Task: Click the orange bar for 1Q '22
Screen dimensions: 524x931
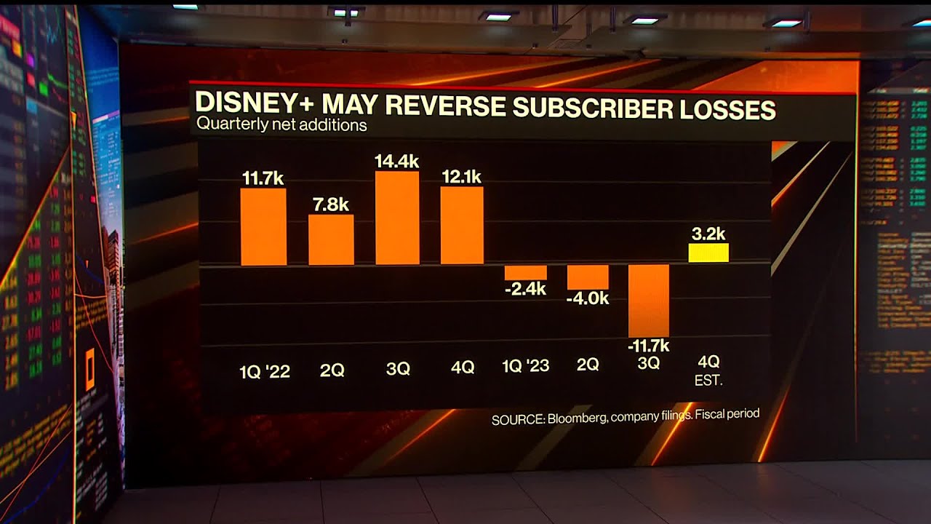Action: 263,226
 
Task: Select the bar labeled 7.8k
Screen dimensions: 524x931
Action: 331,239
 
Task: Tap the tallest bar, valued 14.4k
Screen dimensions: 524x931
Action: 397,218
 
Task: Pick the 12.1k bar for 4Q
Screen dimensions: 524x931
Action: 462,225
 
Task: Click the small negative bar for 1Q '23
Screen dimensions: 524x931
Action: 525,273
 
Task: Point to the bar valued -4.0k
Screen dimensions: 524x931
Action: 588,277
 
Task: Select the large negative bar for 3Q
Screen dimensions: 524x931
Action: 649,300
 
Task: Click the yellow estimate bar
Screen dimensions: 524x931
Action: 708,253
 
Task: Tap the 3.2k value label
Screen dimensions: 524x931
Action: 708,234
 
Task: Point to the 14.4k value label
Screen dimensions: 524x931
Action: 397,161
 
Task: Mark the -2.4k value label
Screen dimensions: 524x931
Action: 525,289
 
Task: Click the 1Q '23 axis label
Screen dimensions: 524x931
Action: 526,366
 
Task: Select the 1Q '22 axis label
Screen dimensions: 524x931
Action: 265,371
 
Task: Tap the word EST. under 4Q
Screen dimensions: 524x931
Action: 708,380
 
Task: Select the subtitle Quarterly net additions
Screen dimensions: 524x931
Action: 281,124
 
